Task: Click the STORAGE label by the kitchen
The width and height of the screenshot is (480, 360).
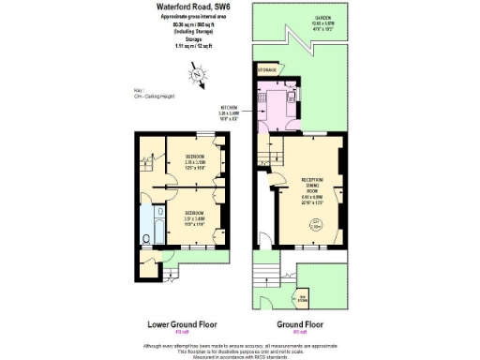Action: point(267,70)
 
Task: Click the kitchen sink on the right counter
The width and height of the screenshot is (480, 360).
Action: point(292,97)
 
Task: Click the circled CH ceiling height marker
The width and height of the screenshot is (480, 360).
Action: point(317,224)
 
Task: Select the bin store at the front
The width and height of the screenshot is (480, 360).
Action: point(300,299)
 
